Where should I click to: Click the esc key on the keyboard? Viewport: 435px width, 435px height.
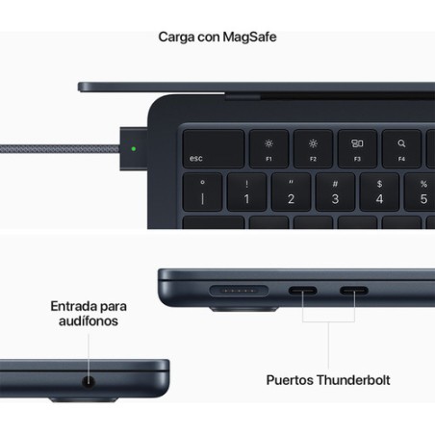[214, 148]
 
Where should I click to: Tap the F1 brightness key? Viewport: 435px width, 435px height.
[269, 148]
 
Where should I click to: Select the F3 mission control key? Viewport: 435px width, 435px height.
[357, 148]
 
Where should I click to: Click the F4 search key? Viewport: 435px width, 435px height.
[401, 148]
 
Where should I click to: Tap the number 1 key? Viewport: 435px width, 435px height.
[246, 192]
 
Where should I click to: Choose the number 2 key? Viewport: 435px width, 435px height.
[291, 192]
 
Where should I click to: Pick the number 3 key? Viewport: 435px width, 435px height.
[335, 192]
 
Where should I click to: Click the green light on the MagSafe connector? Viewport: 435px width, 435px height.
[134, 149]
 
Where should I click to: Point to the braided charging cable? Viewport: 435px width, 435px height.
[60, 149]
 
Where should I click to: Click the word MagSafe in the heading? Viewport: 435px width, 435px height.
[249, 37]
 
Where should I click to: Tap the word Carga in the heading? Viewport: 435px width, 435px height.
[176, 38]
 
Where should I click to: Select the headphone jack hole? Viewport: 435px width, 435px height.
[89, 382]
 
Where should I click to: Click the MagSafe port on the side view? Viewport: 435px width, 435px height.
[239, 291]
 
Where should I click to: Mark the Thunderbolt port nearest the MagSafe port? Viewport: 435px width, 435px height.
[302, 291]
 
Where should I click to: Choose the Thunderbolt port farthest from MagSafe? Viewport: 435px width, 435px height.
[354, 291]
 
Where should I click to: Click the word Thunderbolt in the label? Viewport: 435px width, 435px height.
[353, 380]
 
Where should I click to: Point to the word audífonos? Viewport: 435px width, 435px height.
[89, 320]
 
